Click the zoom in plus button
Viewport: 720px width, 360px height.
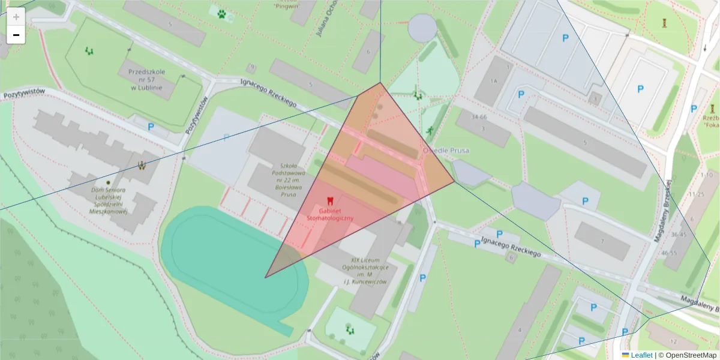[x=16, y=17]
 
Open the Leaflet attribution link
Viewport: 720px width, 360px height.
[x=641, y=355]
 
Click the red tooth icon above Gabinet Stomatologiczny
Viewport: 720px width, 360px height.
[x=329, y=200]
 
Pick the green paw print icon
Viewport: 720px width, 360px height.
[x=222, y=13]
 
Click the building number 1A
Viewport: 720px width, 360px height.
[x=494, y=81]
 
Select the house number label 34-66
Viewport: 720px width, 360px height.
[x=479, y=116]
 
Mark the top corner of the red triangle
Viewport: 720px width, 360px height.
[x=380, y=83]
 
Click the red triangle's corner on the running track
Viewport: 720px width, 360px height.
[x=265, y=277]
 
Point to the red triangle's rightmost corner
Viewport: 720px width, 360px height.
[x=454, y=181]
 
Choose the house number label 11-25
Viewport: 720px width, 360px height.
[x=697, y=194]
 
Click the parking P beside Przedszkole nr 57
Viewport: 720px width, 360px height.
[x=151, y=127]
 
